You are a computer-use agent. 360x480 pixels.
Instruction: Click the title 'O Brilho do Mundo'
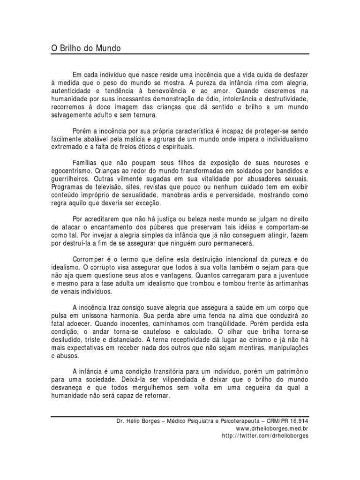86,48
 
